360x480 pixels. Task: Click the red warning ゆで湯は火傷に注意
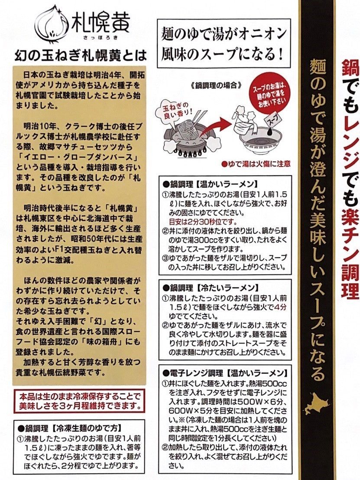point(250,164)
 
